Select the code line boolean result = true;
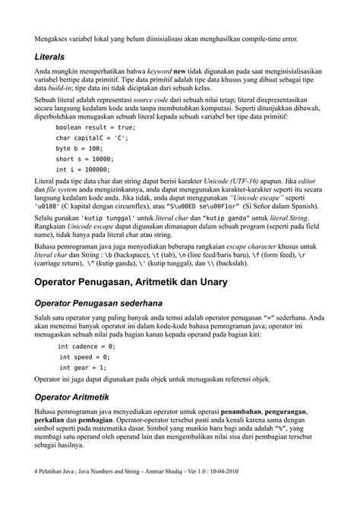pos(95,128)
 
